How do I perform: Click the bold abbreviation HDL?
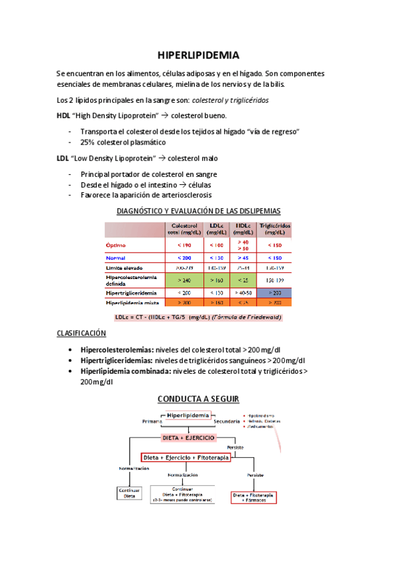[64, 115]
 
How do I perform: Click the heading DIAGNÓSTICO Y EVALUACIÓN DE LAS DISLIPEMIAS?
[198, 211]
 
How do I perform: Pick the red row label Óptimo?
[117, 245]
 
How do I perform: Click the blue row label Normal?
[116, 257]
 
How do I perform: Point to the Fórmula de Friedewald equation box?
[198, 317]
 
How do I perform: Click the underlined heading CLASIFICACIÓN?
[82, 334]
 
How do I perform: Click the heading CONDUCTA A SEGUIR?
[198, 398]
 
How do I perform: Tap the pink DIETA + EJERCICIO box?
[188, 438]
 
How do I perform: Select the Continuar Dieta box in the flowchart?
[130, 493]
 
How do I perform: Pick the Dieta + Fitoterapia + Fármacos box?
[254, 497]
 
